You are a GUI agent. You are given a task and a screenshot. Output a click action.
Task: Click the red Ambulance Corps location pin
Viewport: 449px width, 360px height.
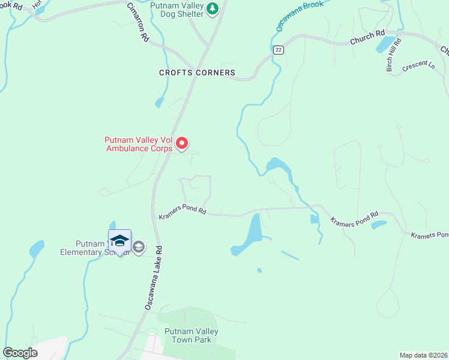tap(182, 143)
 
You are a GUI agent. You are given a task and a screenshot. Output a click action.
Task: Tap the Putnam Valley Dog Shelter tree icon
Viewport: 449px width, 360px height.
tap(212, 9)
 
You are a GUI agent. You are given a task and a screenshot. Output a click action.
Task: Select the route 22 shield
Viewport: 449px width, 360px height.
tap(277, 50)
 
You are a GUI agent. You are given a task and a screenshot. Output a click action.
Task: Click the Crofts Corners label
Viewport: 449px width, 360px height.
tap(197, 73)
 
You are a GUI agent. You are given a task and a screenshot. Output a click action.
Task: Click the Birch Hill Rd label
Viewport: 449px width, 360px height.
tap(394, 54)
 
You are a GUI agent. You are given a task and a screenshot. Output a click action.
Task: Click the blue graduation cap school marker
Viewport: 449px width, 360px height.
tap(119, 240)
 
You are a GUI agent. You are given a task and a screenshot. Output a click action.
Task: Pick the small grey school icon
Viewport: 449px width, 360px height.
tap(139, 247)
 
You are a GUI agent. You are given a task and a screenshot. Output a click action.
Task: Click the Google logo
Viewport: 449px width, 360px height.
tap(20, 353)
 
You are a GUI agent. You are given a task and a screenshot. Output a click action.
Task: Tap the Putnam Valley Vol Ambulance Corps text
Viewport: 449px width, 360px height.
tap(139, 145)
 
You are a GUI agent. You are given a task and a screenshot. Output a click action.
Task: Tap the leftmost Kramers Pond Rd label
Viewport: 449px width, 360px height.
tap(182, 212)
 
